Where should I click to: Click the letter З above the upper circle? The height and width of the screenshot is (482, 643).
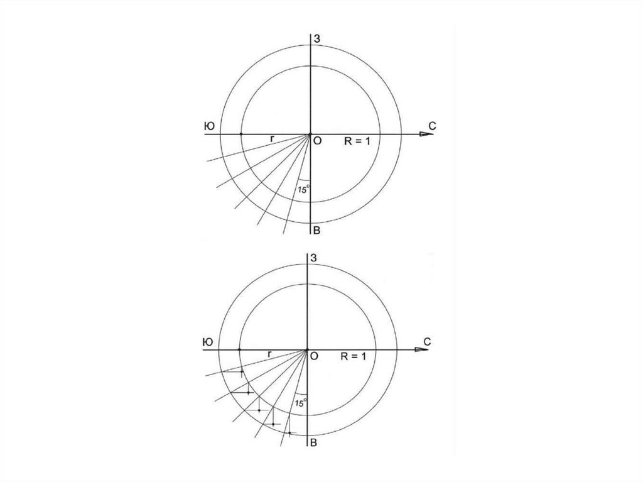coord(317,39)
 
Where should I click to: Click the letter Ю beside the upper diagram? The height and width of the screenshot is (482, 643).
coord(209,126)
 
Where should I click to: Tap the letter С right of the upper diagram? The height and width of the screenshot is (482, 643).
coord(432,126)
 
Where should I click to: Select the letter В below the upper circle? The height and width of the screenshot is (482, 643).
coord(316,231)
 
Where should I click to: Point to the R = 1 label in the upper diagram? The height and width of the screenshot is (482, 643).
coord(357,141)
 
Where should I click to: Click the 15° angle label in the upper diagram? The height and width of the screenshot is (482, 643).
coord(304,190)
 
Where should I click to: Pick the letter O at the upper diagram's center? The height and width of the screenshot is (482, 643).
coord(317,141)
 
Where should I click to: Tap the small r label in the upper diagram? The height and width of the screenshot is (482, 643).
coord(271,139)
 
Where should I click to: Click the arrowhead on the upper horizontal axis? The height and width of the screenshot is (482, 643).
coord(426,134)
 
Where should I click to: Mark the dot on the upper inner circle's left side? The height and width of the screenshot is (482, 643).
coord(240,134)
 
